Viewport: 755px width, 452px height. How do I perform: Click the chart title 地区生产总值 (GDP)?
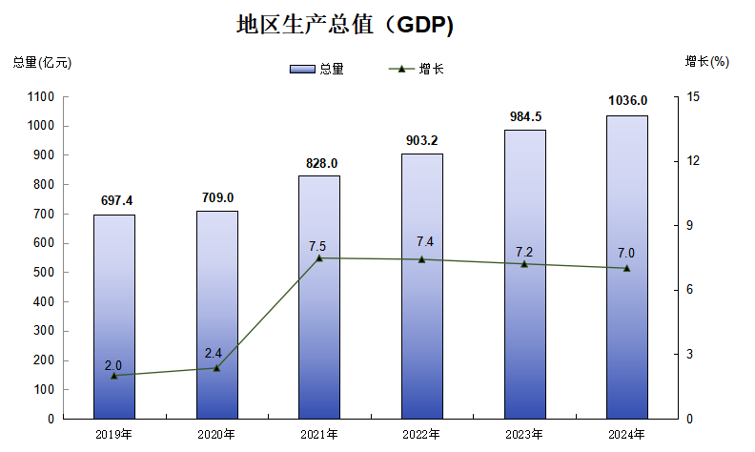345,26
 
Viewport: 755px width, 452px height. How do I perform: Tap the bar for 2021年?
318,297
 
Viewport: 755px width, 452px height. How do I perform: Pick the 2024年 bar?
626,267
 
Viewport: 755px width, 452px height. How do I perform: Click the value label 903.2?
421,140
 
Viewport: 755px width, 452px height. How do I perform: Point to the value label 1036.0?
627,101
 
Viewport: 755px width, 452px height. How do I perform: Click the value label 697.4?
114,200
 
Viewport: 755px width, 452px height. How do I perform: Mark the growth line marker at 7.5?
319,258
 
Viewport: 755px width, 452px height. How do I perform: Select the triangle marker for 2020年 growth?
216,368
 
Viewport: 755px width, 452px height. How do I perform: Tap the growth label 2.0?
112,365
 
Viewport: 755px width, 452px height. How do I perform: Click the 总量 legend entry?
317,69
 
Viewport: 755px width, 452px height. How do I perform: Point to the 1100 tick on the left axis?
41,96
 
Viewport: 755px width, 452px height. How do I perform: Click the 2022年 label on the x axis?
421,434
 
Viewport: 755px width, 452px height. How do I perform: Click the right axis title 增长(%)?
706,62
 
